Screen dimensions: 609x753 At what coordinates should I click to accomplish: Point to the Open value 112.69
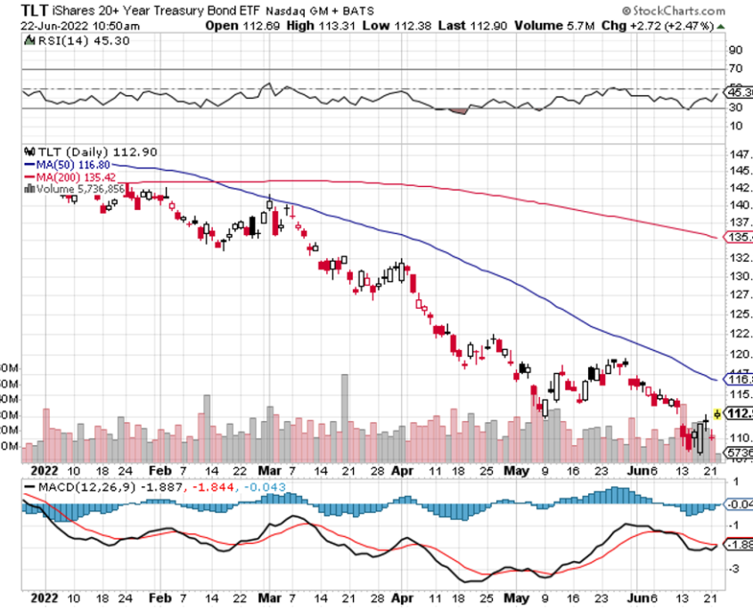(x=258, y=25)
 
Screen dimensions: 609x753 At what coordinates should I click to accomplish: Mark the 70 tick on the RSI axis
(x=736, y=69)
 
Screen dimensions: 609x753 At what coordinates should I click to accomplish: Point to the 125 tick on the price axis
(x=738, y=313)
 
